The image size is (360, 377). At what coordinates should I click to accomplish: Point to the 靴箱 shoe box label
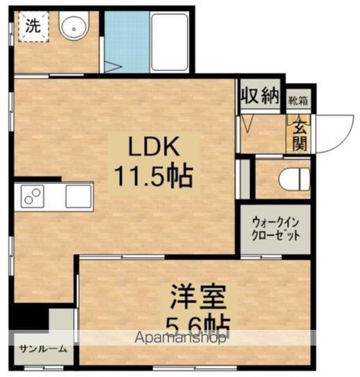(297, 101)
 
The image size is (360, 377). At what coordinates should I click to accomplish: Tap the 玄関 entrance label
(299, 134)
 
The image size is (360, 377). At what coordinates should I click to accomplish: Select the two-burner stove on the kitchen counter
(33, 196)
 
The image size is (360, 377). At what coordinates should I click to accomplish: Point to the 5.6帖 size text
(200, 324)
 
